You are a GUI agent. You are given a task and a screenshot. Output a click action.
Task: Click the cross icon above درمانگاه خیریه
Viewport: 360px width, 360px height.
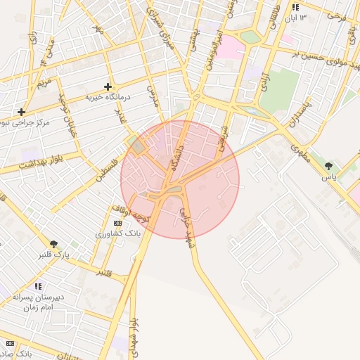pyautogui.click(x=108, y=86)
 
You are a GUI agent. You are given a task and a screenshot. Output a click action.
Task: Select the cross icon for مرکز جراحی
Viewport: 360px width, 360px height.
pyautogui.click(x=22, y=111)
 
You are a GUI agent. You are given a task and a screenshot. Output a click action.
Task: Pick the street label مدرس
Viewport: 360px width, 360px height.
pyautogui.click(x=152, y=96)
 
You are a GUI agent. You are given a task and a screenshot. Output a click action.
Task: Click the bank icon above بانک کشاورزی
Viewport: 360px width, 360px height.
pyautogui.click(x=117, y=222)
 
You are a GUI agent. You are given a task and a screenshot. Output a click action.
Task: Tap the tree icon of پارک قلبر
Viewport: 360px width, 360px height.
pyautogui.click(x=54, y=243)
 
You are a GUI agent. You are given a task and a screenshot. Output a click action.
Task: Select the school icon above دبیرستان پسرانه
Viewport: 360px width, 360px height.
pyautogui.click(x=38, y=286)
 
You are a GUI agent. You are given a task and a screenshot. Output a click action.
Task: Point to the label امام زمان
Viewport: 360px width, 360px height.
pyautogui.click(x=38, y=307)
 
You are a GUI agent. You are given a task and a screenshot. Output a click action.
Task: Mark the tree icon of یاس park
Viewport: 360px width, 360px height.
pyautogui.click(x=328, y=166)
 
